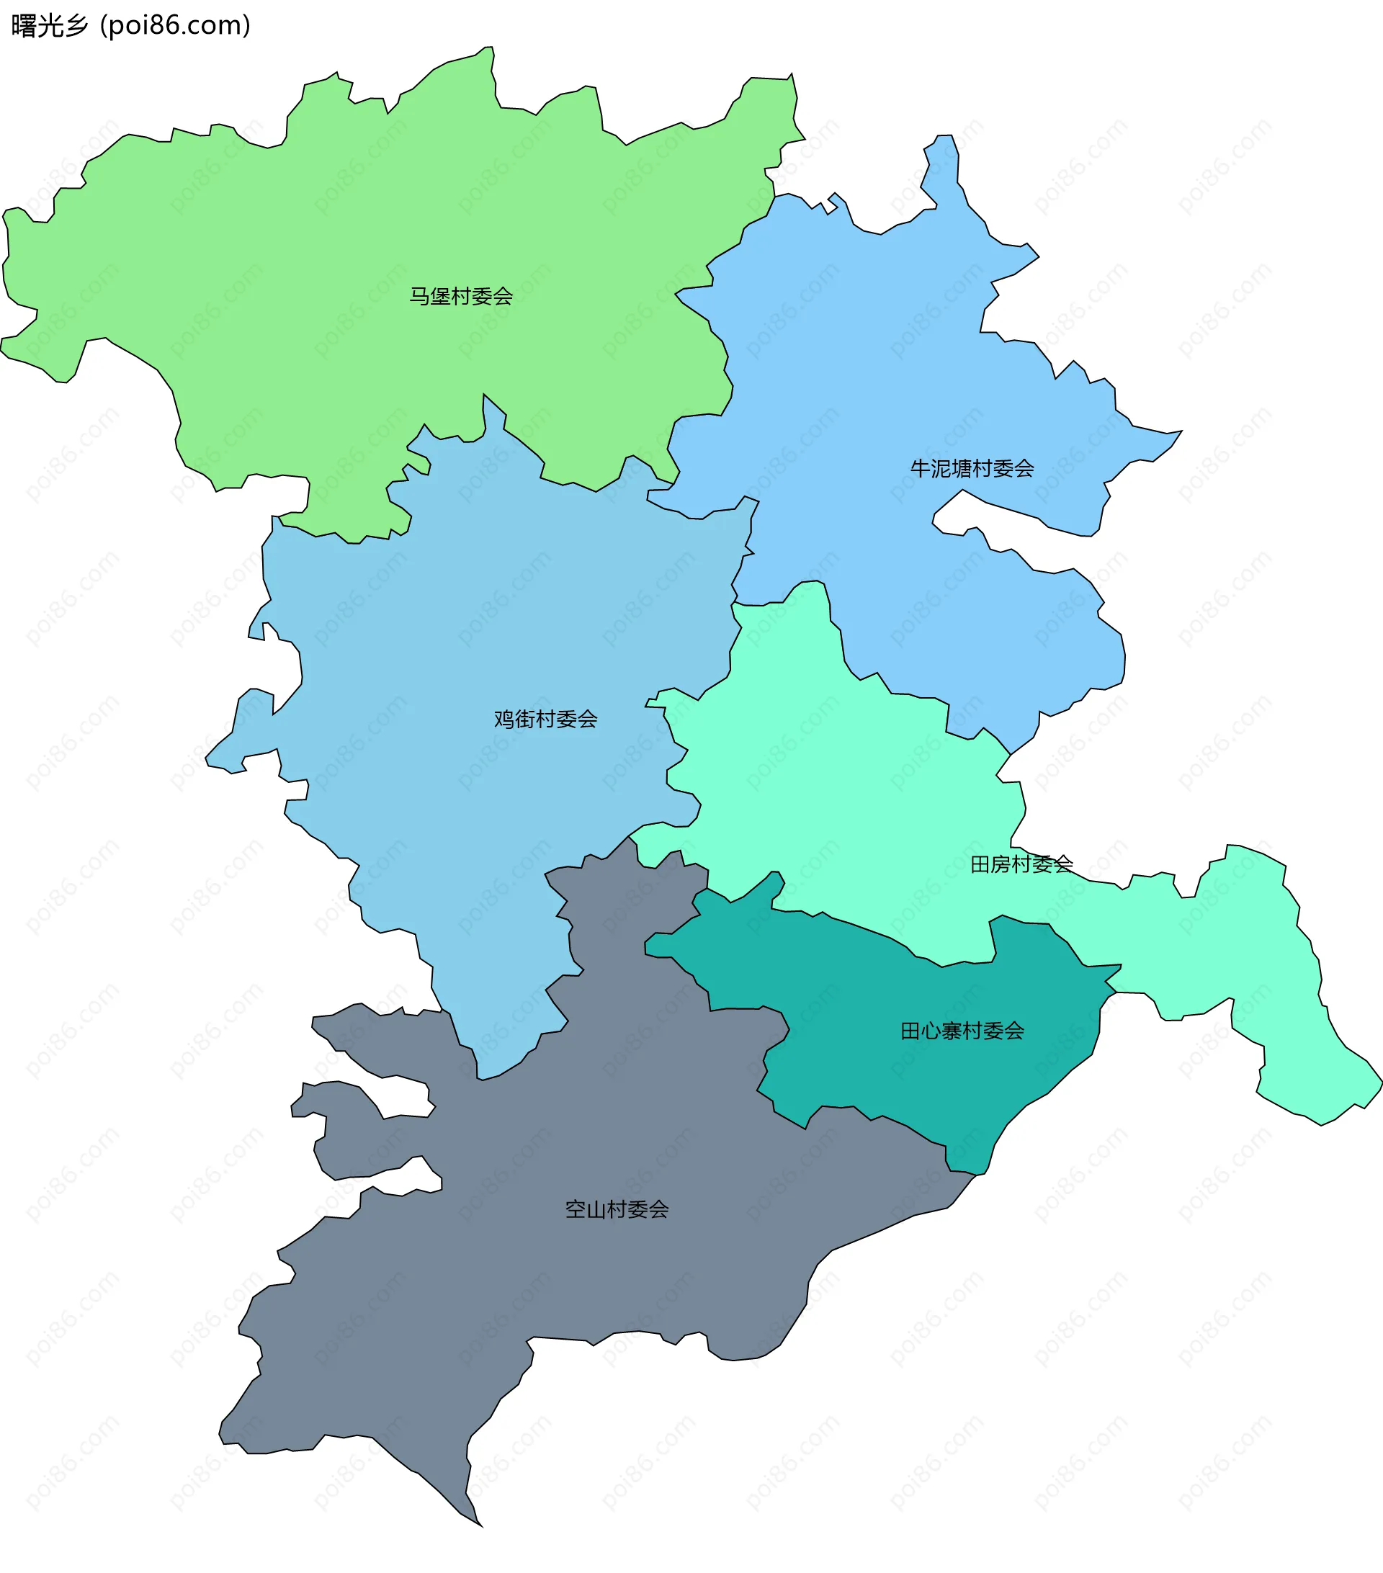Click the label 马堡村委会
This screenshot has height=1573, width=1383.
pyautogui.click(x=460, y=296)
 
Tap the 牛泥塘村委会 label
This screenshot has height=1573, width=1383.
pyautogui.click(x=971, y=468)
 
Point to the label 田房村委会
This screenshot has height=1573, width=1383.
pyautogui.click(x=1021, y=864)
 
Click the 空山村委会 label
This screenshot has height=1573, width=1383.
pyautogui.click(x=617, y=1209)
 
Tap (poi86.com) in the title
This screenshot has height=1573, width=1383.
pyautogui.click(x=176, y=26)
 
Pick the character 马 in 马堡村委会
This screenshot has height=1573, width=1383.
pyautogui.click(x=419, y=296)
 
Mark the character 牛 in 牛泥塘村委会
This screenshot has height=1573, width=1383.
pyautogui.click(x=921, y=468)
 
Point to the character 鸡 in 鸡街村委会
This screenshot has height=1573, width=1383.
pyautogui.click(x=504, y=719)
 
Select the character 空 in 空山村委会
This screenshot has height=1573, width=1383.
pyautogui.click(x=576, y=1209)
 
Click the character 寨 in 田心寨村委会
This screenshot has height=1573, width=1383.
pyautogui.click(x=952, y=1031)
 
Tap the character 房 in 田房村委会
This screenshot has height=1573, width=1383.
pyautogui.click(x=1001, y=864)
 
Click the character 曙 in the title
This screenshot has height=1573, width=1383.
pyautogui.click(x=24, y=26)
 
